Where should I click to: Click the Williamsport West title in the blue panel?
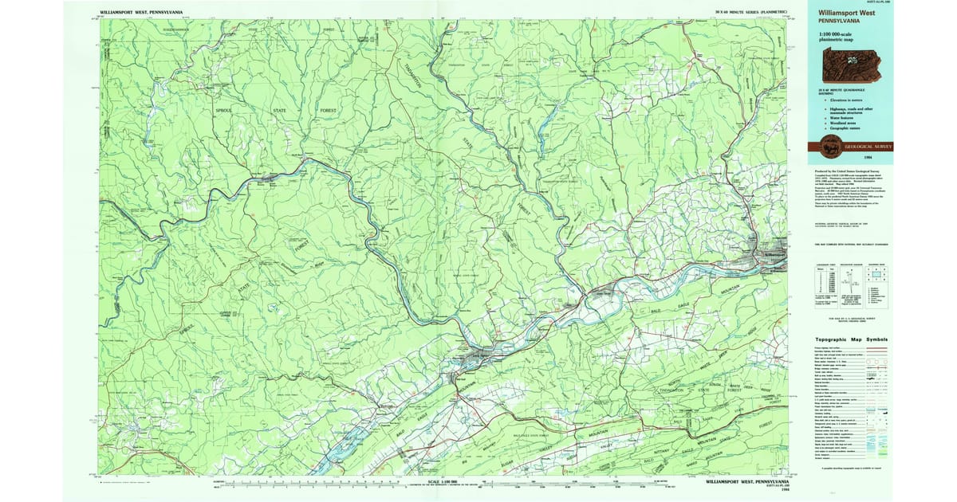click(850, 14)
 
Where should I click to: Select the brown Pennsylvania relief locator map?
click(849, 66)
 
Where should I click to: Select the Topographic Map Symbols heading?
click(850, 339)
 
